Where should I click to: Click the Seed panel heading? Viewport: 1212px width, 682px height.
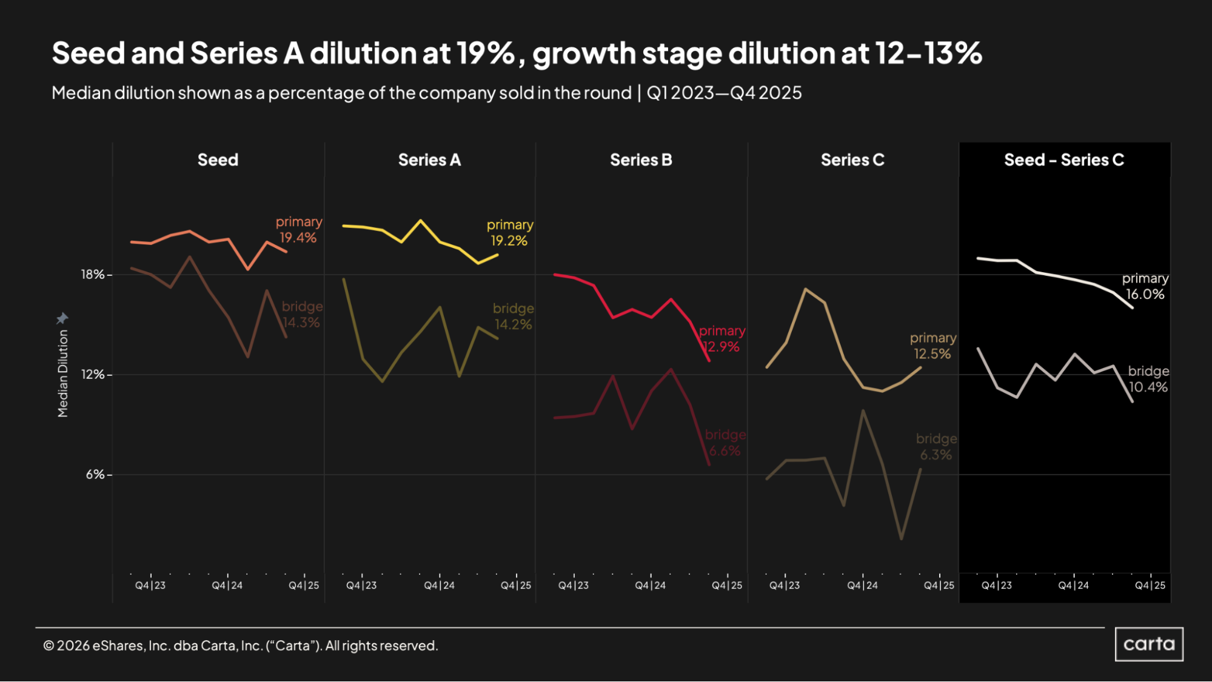point(218,160)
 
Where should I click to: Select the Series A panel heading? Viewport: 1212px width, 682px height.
point(429,160)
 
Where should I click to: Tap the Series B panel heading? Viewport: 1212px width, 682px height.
point(641,160)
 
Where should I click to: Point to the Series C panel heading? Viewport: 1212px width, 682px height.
point(852,160)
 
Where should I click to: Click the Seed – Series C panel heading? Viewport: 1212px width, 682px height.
point(1064,160)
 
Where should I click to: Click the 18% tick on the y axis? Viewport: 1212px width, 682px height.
point(93,275)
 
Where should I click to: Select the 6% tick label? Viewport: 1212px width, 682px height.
point(95,475)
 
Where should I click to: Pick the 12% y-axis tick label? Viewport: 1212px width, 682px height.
point(93,375)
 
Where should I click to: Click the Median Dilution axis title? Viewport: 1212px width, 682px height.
point(62,373)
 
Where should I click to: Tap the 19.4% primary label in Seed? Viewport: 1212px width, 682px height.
point(298,238)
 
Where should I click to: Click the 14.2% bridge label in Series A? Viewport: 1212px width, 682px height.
point(513,324)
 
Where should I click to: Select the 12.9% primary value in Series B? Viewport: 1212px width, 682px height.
point(722,347)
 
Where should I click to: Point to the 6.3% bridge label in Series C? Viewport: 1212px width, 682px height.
point(936,455)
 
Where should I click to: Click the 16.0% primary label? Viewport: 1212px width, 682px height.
point(1145,294)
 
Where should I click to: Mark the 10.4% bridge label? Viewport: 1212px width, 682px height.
point(1148,387)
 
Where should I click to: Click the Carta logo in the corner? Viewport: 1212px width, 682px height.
point(1148,644)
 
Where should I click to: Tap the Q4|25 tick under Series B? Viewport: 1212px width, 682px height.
point(726,585)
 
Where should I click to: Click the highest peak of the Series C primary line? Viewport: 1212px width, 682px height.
point(805,289)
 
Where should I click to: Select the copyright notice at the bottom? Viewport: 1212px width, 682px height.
point(240,646)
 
